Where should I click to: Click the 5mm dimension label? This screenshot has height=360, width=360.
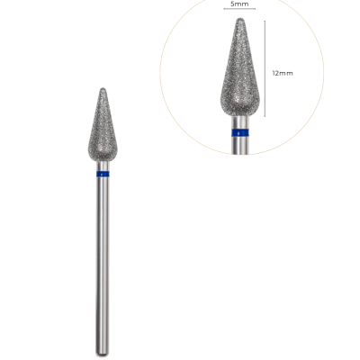[x=239, y=4]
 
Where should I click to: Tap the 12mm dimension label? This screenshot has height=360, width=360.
[x=283, y=73]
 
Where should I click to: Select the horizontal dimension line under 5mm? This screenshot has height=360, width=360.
[x=239, y=9]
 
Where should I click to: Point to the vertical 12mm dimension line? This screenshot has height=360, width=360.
[x=265, y=68]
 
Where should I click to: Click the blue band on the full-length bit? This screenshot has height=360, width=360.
[x=103, y=174]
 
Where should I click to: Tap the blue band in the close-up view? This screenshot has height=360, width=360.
[x=240, y=132]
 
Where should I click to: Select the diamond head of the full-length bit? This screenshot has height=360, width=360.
[x=103, y=125]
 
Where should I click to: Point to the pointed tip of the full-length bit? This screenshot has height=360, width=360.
[x=103, y=88]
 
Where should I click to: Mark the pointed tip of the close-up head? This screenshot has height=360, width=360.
[x=239, y=18]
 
